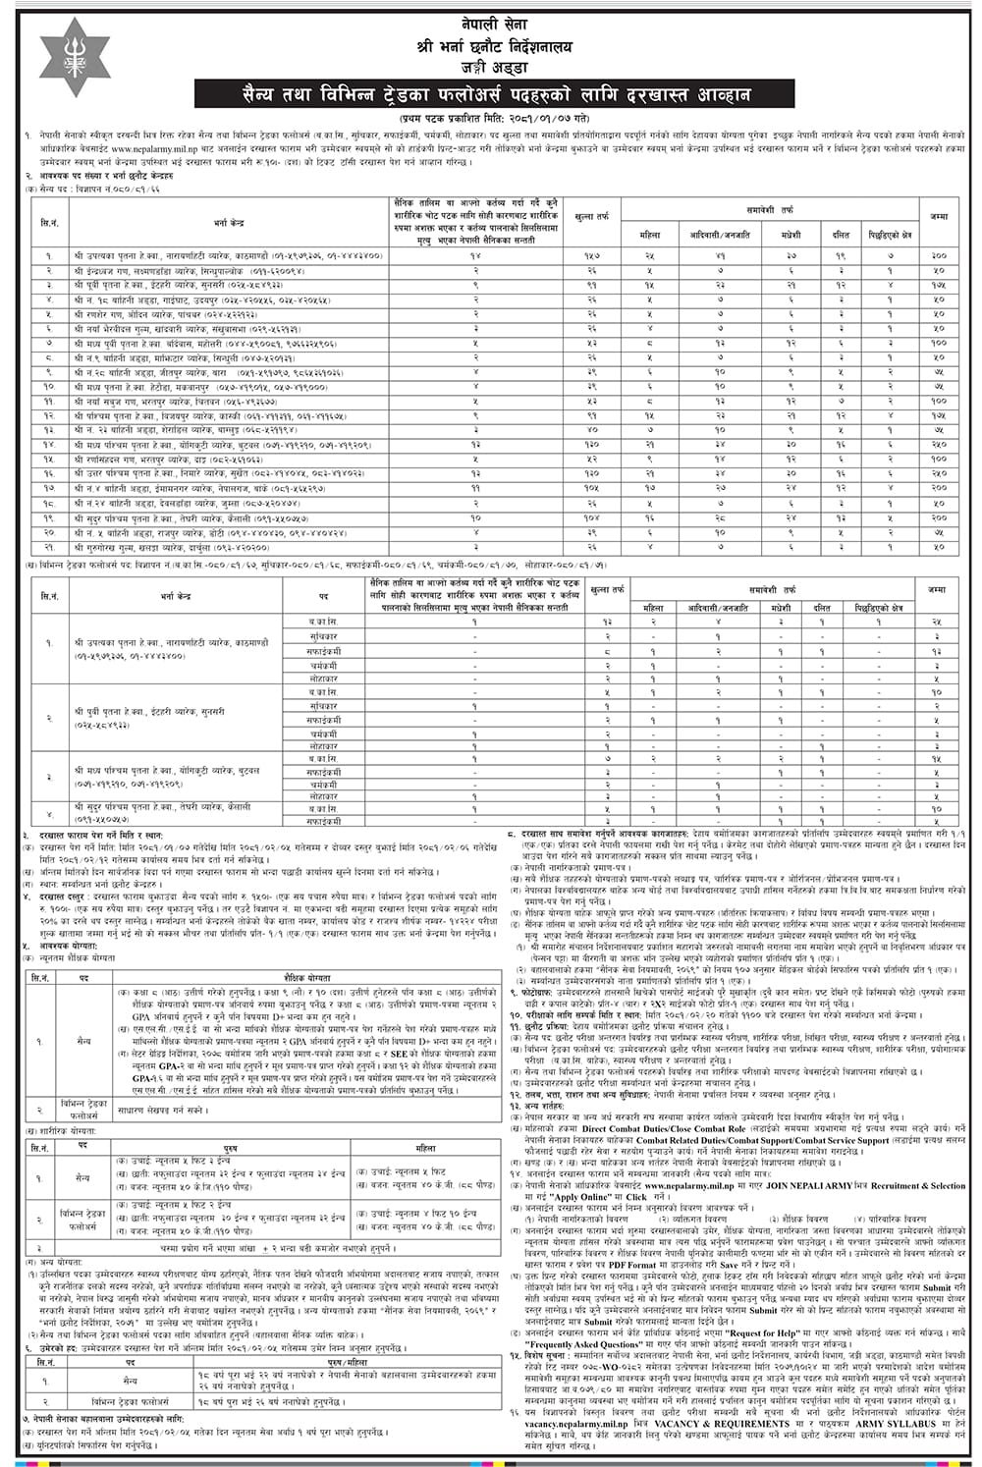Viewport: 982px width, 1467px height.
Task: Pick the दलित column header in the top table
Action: (841, 237)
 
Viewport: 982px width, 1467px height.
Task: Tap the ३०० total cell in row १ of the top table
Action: (937, 253)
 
